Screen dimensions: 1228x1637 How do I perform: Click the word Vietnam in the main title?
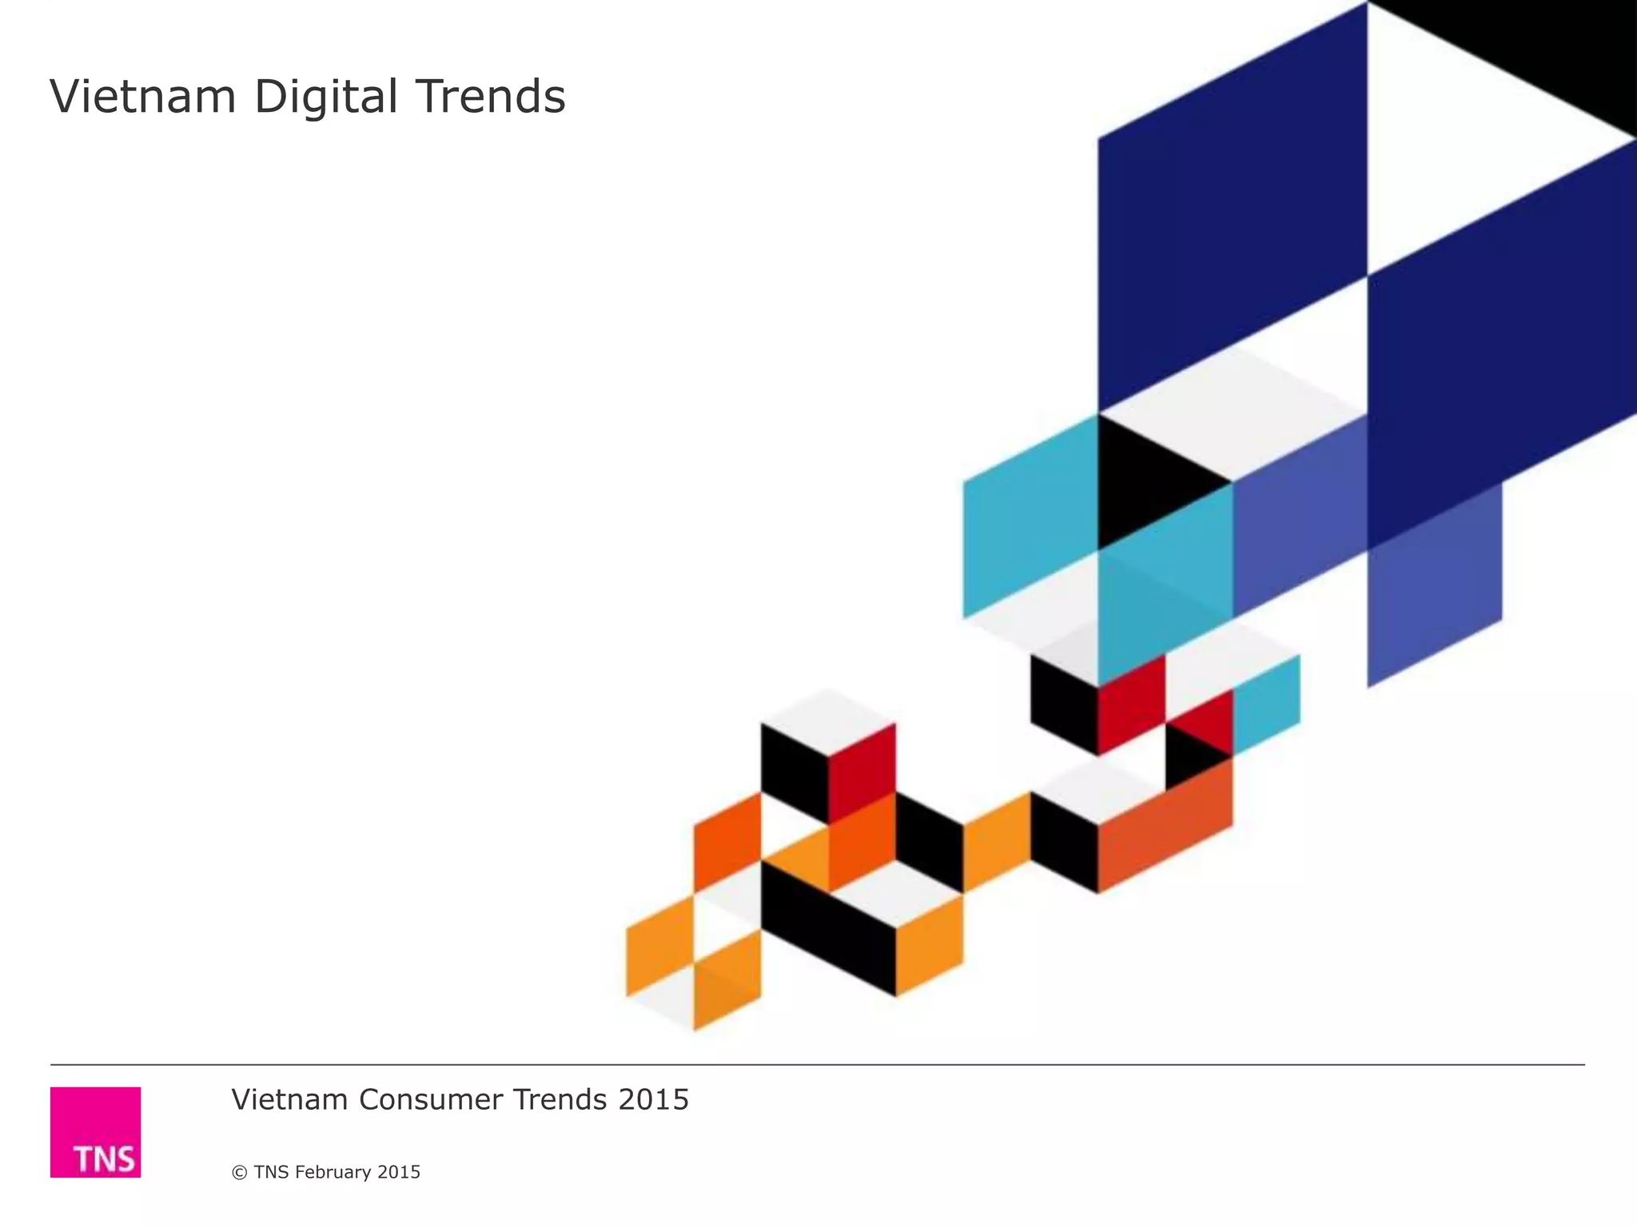(x=143, y=97)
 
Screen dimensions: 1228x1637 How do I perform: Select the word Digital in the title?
(x=326, y=97)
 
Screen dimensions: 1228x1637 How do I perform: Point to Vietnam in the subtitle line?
(x=289, y=1100)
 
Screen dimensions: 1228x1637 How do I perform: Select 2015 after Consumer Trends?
(x=654, y=1100)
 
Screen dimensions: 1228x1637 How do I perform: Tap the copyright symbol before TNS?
(x=239, y=1172)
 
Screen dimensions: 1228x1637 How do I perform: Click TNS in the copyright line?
(x=271, y=1172)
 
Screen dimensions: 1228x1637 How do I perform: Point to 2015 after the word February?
(x=399, y=1172)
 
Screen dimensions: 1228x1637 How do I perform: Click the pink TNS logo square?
(x=95, y=1131)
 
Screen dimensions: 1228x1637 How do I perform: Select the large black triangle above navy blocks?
(x=1543, y=48)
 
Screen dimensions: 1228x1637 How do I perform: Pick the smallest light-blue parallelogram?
(x=1266, y=704)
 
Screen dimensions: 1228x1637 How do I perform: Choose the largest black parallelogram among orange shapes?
(x=827, y=927)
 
